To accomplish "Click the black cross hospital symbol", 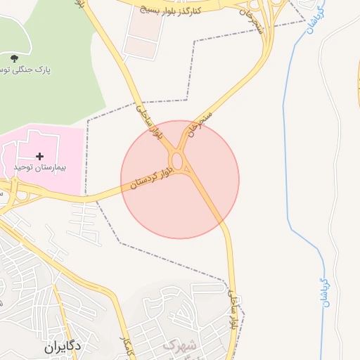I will (x=39, y=155).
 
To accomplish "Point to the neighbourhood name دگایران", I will (x=63, y=346).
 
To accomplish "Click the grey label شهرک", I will (x=180, y=345).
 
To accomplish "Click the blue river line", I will (x=289, y=141).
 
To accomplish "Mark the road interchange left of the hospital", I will (x=13, y=190).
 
